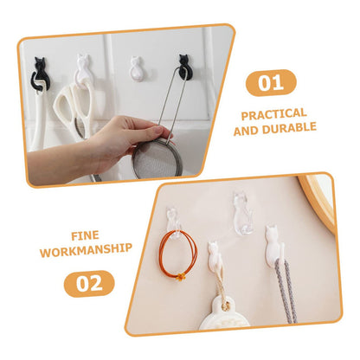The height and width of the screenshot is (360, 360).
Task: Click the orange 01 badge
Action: tap(271, 83)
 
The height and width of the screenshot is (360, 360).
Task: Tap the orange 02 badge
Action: tap(89, 284)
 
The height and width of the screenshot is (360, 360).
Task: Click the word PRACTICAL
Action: tap(273, 114)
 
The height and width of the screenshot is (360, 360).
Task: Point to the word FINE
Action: tap(85, 236)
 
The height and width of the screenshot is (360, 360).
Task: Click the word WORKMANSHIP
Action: tap(86, 250)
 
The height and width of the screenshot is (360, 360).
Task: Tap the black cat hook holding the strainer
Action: tap(183, 67)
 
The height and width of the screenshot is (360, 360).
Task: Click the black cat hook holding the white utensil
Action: tap(40, 74)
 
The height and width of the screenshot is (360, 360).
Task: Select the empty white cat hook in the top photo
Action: tap(136, 68)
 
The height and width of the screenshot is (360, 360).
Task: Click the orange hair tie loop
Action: tap(177, 253)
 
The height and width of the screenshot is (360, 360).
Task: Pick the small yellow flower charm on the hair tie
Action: tap(181, 277)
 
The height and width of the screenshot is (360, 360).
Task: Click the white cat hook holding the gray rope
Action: tap(274, 244)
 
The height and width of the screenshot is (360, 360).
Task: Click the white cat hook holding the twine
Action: tap(215, 254)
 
